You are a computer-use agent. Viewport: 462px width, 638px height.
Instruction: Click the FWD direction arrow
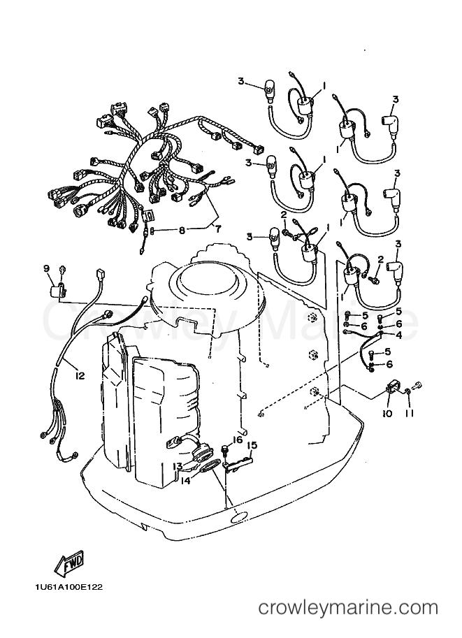pos(70,563)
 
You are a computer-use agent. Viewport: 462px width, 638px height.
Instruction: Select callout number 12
pos(80,376)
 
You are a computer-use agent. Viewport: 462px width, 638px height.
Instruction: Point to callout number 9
pos(46,268)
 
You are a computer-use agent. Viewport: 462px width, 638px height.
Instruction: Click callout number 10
pos(387,414)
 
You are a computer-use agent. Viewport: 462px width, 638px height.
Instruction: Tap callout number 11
pos(410,414)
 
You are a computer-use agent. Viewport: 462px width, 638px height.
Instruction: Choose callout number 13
pos(178,466)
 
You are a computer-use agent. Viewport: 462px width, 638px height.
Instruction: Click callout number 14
pos(186,481)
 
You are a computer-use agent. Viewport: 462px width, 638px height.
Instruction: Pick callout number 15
pos(252,446)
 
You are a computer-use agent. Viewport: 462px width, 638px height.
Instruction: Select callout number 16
pos(238,440)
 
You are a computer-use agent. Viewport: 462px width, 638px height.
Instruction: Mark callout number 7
pos(217,229)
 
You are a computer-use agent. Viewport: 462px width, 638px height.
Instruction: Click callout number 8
pos(182,231)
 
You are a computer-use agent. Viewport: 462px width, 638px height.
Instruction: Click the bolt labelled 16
pos(224,451)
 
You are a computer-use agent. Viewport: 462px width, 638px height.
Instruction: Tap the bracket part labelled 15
pos(238,463)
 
